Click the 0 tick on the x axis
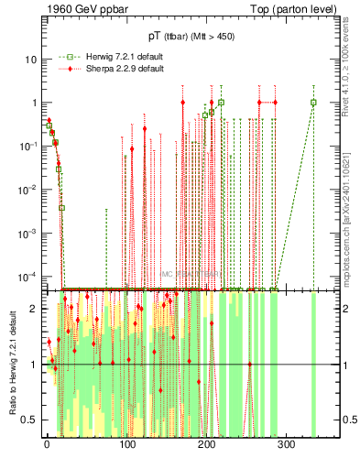coord(47,443)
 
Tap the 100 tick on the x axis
coord(126,443)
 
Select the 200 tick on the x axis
coord(206,443)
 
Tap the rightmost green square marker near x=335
coord(313,103)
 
